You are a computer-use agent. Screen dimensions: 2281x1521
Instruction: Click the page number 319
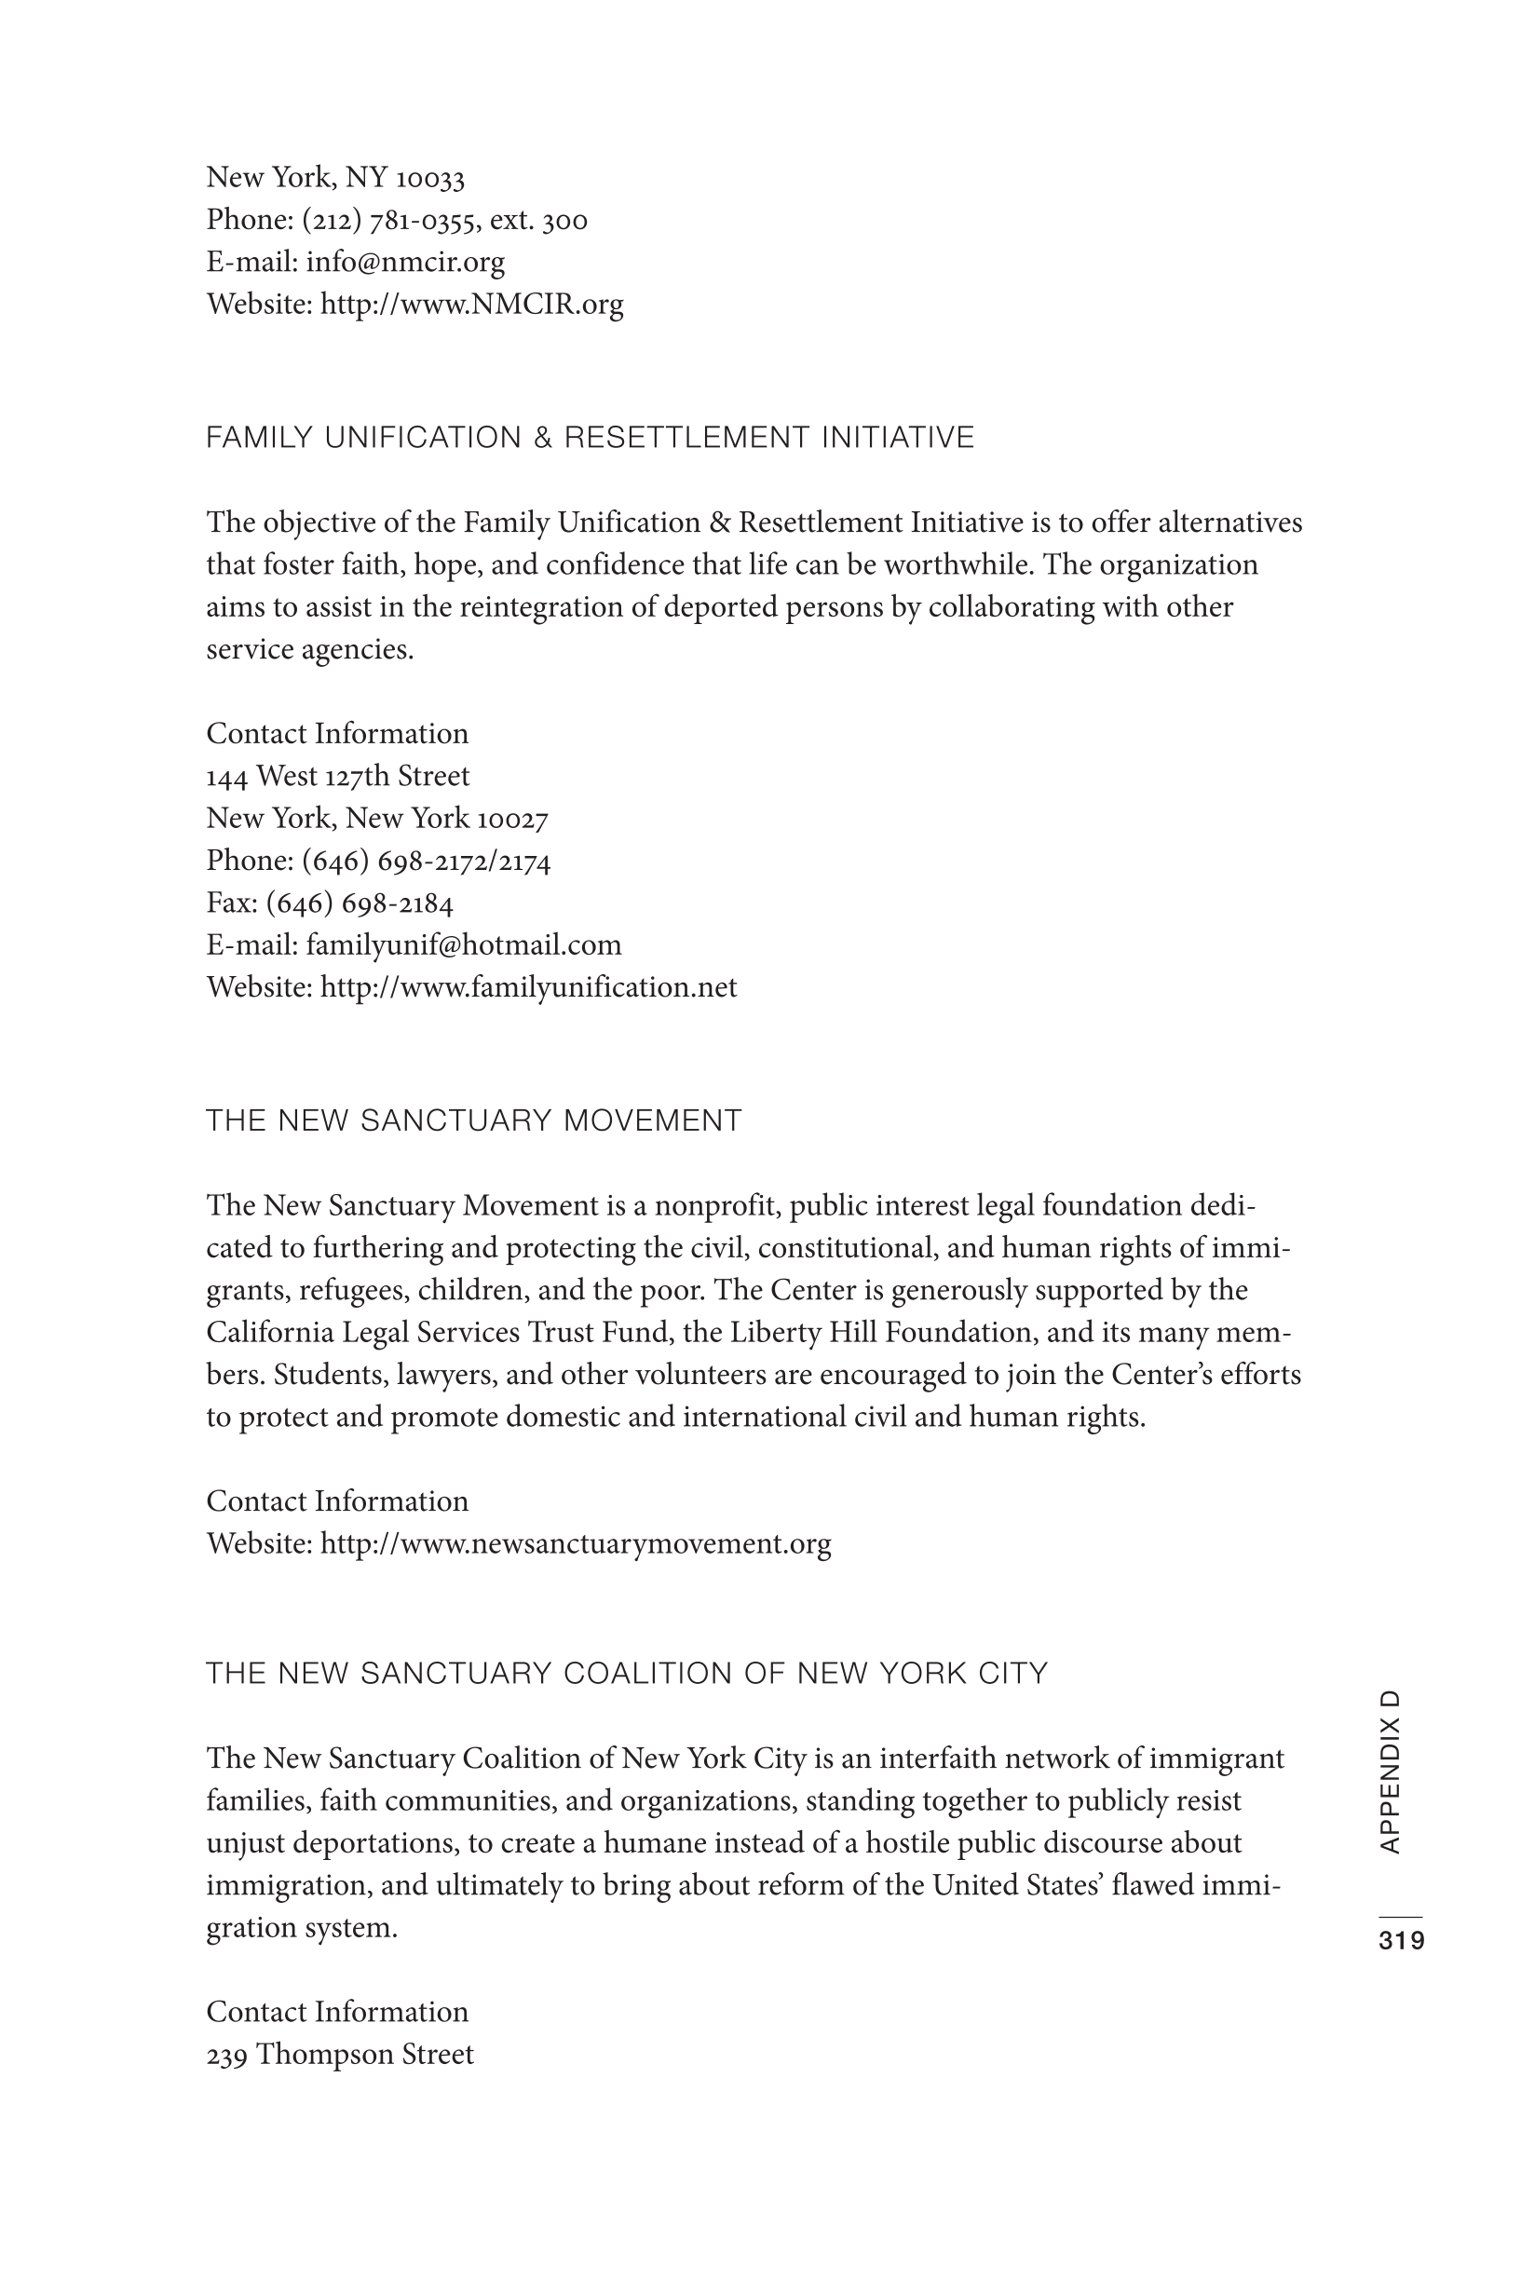[x=1401, y=1941]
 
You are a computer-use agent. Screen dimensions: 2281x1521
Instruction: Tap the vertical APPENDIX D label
[x=1389, y=1772]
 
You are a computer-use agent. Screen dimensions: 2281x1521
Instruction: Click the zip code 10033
[x=430, y=179]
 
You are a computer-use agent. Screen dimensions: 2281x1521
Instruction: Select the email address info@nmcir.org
[x=404, y=262]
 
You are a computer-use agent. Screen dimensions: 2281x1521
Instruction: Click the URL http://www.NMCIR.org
[x=471, y=305]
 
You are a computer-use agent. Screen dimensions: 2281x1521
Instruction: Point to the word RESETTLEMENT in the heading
[x=687, y=439]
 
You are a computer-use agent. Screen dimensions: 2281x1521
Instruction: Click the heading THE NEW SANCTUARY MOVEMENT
[x=473, y=1121]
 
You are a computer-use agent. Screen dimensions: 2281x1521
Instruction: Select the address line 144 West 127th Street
[x=337, y=776]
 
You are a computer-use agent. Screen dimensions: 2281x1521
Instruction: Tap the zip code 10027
[x=512, y=820]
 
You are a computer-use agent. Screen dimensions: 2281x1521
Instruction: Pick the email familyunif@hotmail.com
[x=463, y=945]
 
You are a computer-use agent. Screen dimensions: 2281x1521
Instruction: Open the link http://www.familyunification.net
[x=528, y=987]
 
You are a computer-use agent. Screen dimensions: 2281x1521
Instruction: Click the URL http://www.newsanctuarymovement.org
[x=576, y=1543]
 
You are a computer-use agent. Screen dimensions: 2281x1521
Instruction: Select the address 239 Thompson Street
[x=340, y=2054]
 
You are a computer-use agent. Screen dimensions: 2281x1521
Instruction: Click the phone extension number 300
[x=564, y=221]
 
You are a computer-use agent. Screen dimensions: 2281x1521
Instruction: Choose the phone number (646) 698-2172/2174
[x=426, y=862]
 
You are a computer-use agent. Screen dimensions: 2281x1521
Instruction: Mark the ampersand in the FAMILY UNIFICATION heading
[x=541, y=439]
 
